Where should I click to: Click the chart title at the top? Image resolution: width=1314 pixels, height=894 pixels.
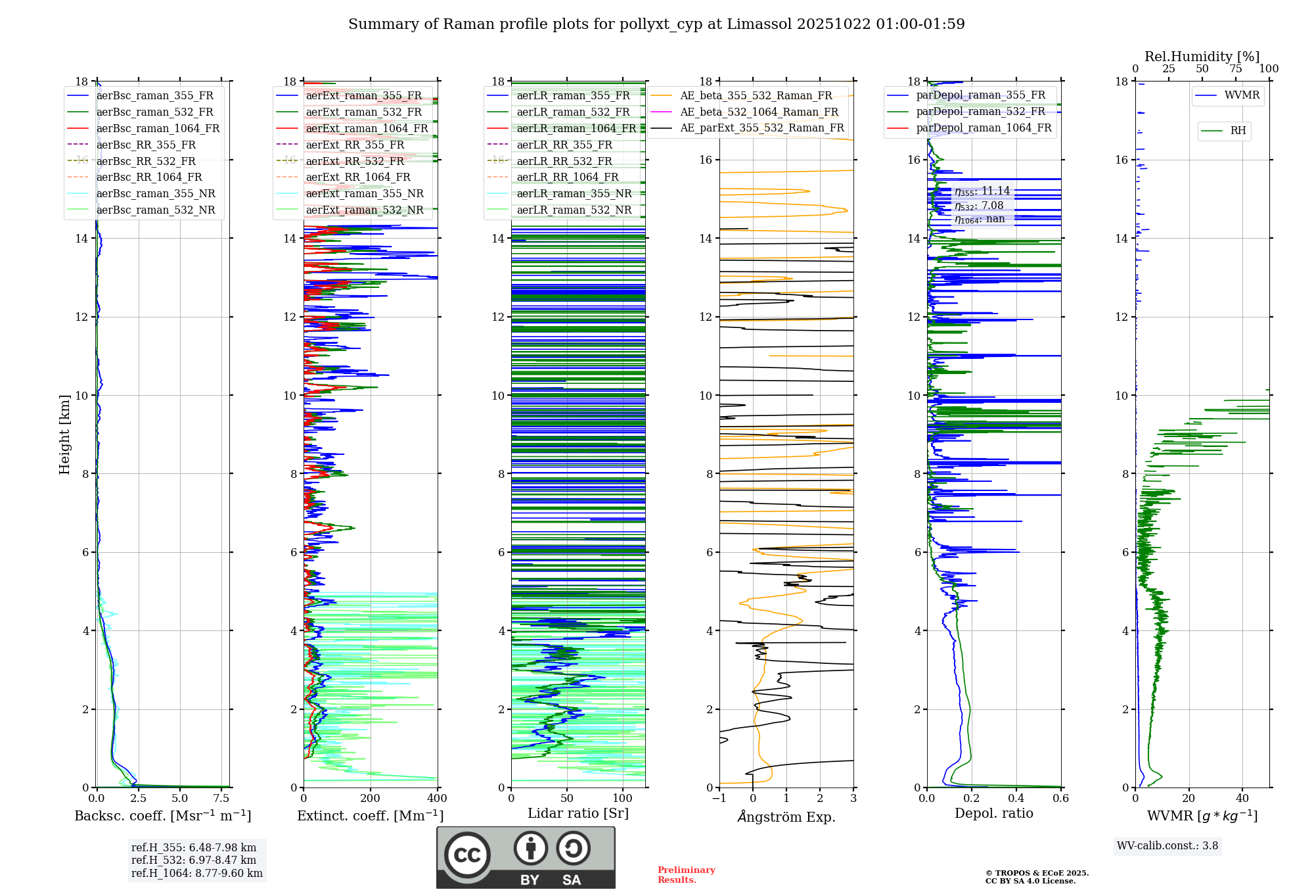656,24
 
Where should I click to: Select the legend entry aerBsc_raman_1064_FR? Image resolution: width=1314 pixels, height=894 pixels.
158,128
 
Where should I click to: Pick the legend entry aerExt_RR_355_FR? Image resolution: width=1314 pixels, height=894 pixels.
355,145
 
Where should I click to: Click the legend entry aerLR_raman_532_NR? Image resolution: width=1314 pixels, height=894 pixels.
574,210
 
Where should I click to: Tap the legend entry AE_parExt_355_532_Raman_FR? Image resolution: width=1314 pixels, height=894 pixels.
761,128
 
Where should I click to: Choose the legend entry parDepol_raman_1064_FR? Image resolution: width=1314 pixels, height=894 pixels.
984,128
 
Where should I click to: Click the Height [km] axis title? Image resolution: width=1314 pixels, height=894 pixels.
64,435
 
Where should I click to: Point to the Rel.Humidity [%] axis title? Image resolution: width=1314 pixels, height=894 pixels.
1202,57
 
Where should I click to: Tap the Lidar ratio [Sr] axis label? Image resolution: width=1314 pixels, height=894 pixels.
578,813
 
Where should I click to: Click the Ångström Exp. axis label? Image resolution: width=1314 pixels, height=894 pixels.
786,816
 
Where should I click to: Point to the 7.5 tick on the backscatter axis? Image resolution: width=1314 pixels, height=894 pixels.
221,798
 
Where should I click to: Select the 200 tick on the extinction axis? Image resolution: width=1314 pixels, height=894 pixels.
370,798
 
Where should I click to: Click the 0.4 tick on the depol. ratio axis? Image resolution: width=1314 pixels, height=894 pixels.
1016,798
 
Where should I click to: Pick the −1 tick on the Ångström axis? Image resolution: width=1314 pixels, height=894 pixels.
719,798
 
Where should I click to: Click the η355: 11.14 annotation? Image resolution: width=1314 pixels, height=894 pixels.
982,191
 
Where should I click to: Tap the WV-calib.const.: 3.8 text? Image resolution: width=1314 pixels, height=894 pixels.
1167,846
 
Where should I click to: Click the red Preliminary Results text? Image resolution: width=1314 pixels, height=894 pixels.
686,874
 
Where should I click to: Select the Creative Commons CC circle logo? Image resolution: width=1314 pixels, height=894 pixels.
467,855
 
